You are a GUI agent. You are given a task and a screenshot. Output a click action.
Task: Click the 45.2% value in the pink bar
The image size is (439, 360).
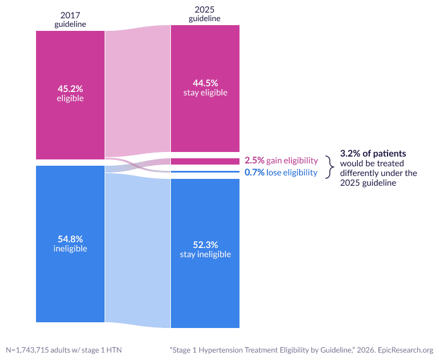pos(70,89)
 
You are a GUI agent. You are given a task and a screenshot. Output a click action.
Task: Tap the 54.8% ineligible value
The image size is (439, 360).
pos(70,239)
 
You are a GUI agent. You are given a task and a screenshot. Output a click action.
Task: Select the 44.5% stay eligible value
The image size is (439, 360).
pos(205,83)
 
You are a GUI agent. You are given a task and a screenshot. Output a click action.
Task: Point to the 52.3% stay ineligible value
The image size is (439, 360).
pos(205,245)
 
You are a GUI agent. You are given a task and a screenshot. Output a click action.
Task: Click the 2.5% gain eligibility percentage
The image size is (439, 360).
pos(254,161)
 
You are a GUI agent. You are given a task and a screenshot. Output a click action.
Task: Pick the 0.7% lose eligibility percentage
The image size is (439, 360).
pos(254,173)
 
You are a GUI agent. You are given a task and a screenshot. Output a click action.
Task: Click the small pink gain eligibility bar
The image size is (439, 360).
pos(205,161)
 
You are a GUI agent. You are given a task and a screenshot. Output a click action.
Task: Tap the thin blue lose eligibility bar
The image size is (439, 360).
pos(205,171)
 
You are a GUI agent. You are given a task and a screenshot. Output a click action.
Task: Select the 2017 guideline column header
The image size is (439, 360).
pos(70,19)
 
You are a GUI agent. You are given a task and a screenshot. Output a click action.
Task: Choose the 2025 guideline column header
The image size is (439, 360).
pos(205,14)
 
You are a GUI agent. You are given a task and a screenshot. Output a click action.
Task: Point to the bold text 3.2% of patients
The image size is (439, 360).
pos(373,153)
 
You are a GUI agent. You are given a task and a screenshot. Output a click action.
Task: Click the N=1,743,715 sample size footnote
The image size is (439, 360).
pos(64,350)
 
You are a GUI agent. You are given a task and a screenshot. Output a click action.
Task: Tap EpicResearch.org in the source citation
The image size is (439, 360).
pos(405,350)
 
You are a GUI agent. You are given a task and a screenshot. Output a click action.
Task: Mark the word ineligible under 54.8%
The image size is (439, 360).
pos(70,249)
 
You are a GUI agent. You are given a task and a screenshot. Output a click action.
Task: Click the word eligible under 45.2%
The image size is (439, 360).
pos(70,98)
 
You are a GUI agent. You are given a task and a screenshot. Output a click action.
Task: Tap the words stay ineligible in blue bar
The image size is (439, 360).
pos(205,254)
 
